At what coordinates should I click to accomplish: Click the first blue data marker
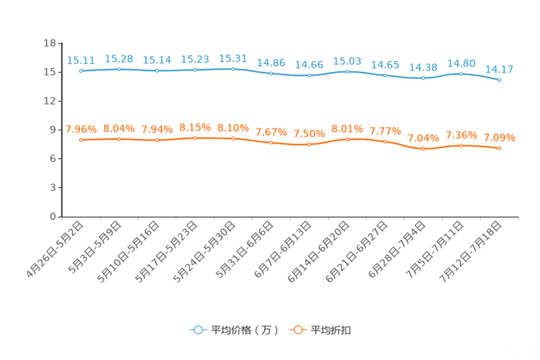click(x=81, y=71)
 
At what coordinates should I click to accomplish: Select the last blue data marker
click(x=499, y=79)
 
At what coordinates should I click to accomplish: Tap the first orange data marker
click(x=81, y=139)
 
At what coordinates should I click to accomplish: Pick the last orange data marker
click(x=499, y=149)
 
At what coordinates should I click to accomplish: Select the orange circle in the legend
click(x=298, y=330)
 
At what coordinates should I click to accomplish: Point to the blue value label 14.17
click(x=499, y=70)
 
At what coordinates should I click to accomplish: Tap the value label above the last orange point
click(x=499, y=138)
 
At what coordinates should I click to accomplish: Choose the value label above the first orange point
click(x=81, y=129)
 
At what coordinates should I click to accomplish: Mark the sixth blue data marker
click(x=271, y=73)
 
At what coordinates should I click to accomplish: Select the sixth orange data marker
click(x=271, y=143)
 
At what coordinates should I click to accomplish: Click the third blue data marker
click(x=157, y=70)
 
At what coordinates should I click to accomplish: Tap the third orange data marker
click(x=157, y=139)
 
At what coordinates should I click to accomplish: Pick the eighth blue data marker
click(x=348, y=72)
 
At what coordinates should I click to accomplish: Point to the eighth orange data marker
click(x=348, y=139)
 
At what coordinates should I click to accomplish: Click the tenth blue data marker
click(x=423, y=77)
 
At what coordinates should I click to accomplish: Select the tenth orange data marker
click(x=423, y=149)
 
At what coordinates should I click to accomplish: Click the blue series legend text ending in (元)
click(x=244, y=330)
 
